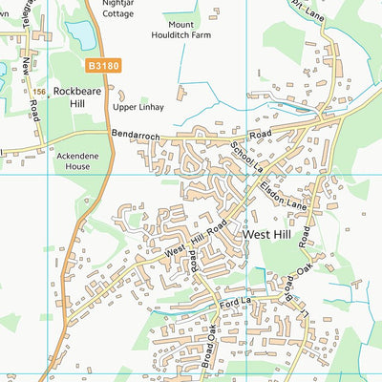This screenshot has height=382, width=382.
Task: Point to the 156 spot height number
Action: (39, 92)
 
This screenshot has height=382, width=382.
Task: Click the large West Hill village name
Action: (272, 233)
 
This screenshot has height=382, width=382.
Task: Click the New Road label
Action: (26, 78)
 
